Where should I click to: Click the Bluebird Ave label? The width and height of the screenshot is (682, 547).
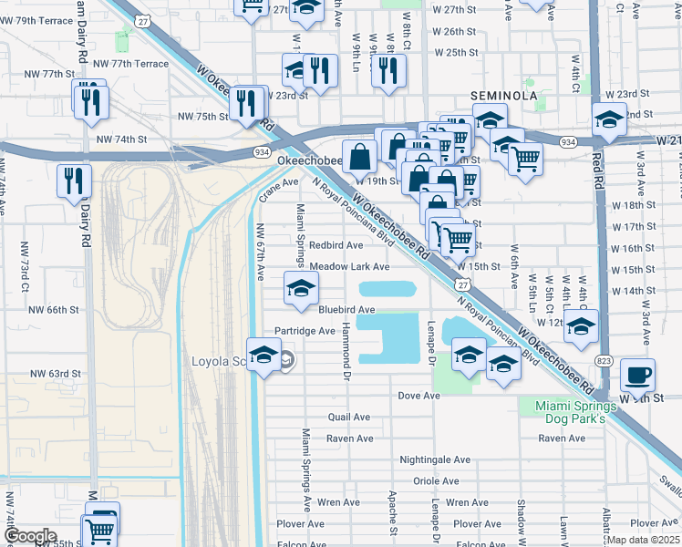(346, 310)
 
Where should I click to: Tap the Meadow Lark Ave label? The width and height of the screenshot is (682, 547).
(349, 267)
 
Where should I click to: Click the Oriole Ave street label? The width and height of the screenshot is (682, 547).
(436, 481)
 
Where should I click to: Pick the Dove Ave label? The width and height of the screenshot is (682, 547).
(419, 396)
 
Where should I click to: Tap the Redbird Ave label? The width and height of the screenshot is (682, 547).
(336, 245)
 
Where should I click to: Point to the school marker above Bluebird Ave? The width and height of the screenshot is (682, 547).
(298, 288)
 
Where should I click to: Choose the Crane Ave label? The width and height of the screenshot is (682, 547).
(278, 181)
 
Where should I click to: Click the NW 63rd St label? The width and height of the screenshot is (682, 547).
(57, 374)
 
